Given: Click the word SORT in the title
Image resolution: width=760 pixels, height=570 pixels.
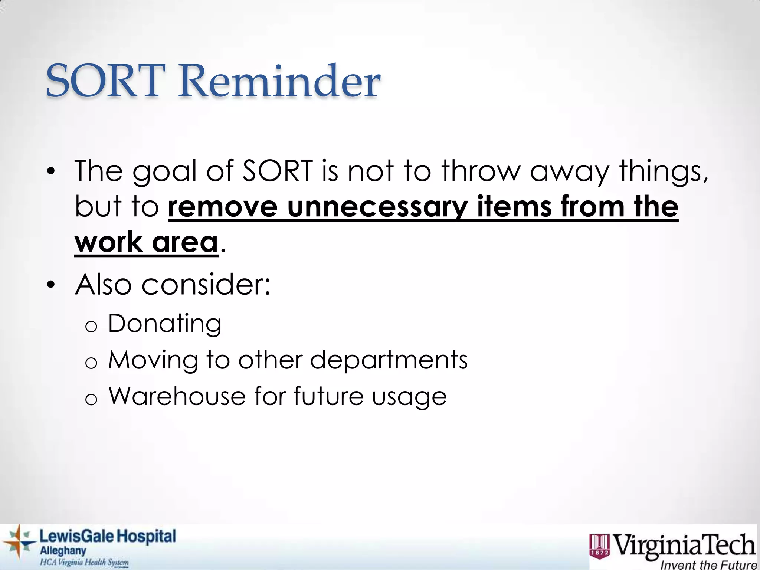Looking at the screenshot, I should [x=106, y=81].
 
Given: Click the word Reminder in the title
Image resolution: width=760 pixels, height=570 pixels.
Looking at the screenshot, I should [x=279, y=81].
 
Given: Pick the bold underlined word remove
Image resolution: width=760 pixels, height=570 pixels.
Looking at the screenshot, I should [x=223, y=207].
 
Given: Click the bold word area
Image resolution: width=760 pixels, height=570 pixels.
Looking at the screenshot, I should [x=185, y=242].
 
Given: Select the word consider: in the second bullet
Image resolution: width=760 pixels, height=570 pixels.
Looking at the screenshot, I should [x=206, y=285].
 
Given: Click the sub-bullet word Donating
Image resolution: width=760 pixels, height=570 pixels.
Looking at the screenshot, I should [x=165, y=324].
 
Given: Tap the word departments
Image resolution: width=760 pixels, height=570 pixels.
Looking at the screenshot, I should [x=389, y=360].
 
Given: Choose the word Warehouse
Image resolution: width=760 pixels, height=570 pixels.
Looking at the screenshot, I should [x=177, y=396].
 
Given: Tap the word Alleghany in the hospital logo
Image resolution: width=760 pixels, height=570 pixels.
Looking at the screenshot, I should [x=63, y=551].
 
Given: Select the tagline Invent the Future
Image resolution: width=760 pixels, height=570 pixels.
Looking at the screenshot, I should [x=709, y=565].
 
